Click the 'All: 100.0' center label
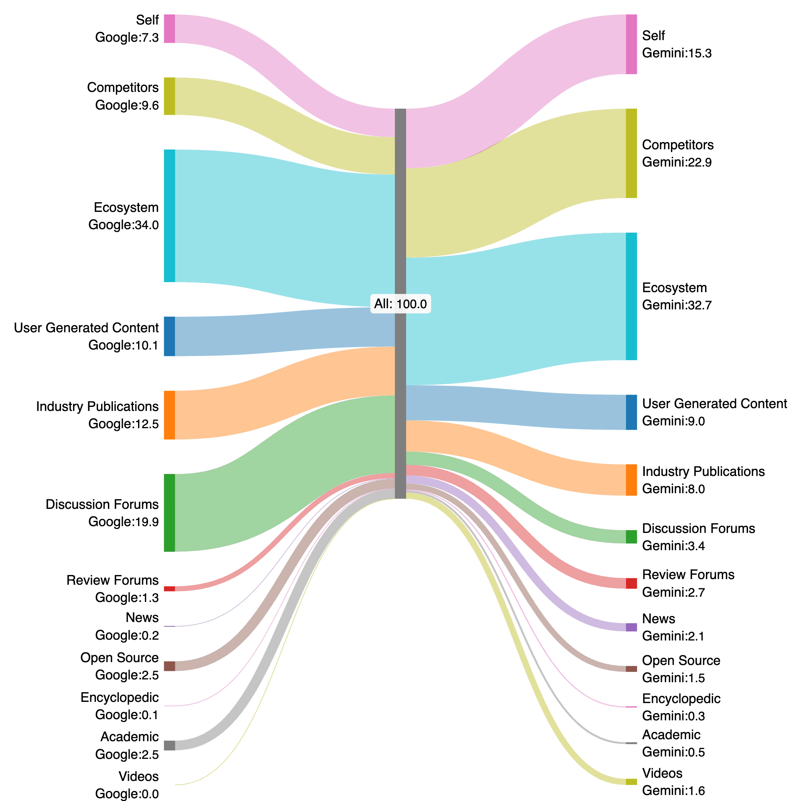click(400, 304)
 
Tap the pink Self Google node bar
click(169, 28)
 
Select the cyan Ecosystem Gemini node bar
click(631, 296)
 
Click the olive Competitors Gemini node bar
click(631, 153)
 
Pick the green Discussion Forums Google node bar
click(169, 512)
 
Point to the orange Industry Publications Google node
click(169, 415)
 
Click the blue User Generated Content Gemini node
click(631, 412)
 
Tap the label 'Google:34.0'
click(123, 225)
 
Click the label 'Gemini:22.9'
click(677, 162)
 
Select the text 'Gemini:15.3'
click(677, 53)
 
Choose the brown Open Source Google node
click(169, 666)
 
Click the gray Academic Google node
click(169, 745)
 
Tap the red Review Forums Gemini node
click(631, 583)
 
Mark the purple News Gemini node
click(631, 627)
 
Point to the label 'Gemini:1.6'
click(673, 790)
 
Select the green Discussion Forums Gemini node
click(631, 537)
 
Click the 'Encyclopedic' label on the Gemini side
click(681, 699)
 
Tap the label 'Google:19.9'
click(123, 522)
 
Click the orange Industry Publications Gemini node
click(631, 480)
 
